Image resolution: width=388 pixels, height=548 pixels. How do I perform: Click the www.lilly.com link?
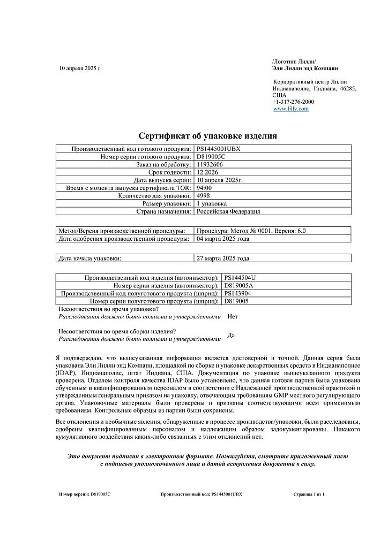pos(291,109)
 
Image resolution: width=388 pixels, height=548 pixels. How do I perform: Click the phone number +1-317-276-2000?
pos(293,102)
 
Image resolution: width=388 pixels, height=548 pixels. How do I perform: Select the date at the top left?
pos(80,68)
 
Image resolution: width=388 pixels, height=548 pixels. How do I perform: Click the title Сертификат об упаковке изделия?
pos(208,136)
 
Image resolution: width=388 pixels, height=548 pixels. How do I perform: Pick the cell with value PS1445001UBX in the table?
pos(219,148)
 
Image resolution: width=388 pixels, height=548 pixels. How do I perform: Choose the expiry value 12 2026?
pos(208,172)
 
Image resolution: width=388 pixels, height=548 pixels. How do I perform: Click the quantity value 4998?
pos(204,196)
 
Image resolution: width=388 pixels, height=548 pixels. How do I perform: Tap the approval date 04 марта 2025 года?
pos(223,239)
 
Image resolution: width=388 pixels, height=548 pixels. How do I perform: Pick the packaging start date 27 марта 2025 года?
pos(223,258)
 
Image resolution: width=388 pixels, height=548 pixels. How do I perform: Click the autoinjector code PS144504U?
pos(240,278)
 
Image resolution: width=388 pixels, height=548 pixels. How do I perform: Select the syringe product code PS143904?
pos(238,293)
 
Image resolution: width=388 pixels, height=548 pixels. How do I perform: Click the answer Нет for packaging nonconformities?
pos(233,316)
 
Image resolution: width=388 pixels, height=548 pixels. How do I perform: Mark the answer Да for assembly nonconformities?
pos(232,335)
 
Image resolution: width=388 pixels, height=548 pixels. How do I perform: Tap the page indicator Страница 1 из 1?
pos(309,494)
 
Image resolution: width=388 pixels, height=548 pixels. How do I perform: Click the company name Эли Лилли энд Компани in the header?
pos(305,68)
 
